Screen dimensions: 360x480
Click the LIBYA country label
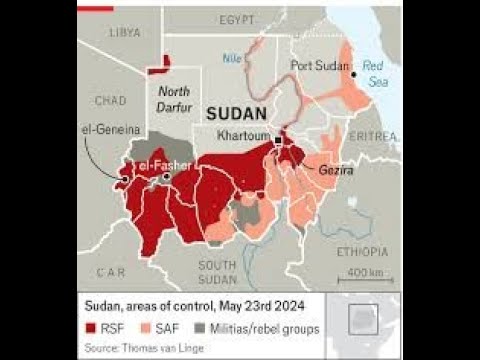tap(124, 32)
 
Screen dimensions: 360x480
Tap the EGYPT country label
tap(239, 20)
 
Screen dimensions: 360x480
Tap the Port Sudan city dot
tap(353, 73)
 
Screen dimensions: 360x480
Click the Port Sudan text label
tap(319, 66)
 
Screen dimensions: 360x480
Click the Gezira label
tap(337, 172)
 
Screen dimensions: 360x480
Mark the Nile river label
tap(232, 58)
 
